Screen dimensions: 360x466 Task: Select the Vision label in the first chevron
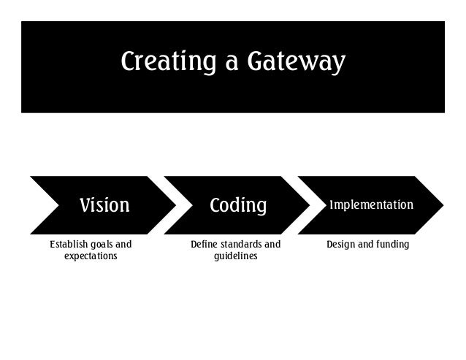pyautogui.click(x=104, y=205)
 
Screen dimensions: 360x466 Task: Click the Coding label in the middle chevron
pyautogui.click(x=238, y=205)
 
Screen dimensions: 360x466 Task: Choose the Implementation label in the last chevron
pyautogui.click(x=371, y=204)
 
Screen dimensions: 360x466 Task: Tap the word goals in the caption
pyautogui.click(x=102, y=245)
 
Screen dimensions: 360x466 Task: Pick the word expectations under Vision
pyautogui.click(x=91, y=256)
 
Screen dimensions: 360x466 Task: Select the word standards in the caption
pyautogui.click(x=242, y=245)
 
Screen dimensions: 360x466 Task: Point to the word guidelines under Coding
pyautogui.click(x=235, y=256)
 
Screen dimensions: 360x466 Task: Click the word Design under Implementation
pyautogui.click(x=340, y=245)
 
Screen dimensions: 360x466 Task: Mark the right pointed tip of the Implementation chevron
pyautogui.click(x=443, y=205)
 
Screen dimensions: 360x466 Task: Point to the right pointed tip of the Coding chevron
pyautogui.click(x=310, y=205)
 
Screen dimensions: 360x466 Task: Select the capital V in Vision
pyautogui.click(x=85, y=205)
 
